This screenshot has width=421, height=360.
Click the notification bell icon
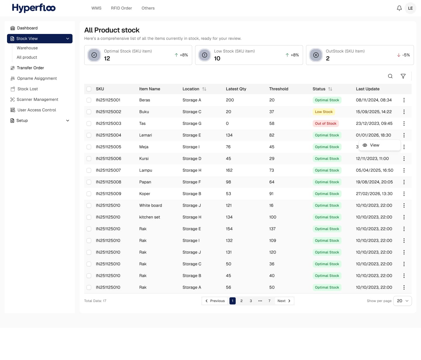[x=399, y=8]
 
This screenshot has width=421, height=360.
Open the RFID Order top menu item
[x=121, y=8]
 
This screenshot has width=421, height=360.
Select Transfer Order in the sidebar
[x=30, y=68]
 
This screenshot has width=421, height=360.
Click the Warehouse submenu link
[x=27, y=48]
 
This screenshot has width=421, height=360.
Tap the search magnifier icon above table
[x=390, y=76]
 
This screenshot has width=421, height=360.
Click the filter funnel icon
[x=403, y=76]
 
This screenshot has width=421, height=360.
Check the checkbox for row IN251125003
[x=89, y=124]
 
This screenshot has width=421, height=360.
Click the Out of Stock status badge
[x=325, y=124]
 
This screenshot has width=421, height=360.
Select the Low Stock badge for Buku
[x=324, y=112]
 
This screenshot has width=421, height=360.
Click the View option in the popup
[x=374, y=145]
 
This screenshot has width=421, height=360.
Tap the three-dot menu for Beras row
[x=404, y=100]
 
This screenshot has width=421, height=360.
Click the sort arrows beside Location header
[x=204, y=89]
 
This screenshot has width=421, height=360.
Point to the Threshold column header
[x=279, y=89]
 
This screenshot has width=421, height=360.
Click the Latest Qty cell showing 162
[x=229, y=170]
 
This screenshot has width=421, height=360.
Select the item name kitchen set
[x=149, y=217]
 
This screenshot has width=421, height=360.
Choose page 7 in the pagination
[x=269, y=301]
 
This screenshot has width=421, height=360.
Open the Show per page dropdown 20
[x=402, y=301]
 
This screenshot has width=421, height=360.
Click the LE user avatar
[x=410, y=8]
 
